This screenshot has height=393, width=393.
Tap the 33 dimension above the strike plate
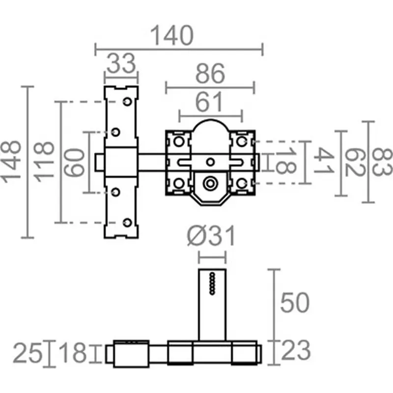click(121, 64)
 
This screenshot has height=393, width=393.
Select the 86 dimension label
click(210, 75)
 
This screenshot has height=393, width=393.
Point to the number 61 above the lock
click(210, 102)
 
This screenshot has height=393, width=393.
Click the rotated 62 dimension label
click(352, 162)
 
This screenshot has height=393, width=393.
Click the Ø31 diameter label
click(211, 237)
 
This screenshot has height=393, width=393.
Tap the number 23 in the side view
click(295, 351)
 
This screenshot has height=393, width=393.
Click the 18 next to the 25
click(72, 354)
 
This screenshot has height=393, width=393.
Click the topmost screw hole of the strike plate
click(127, 101)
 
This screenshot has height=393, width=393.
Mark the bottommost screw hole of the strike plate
click(127, 223)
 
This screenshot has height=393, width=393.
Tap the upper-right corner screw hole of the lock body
click(241, 141)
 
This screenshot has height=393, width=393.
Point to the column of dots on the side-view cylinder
click(212, 283)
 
